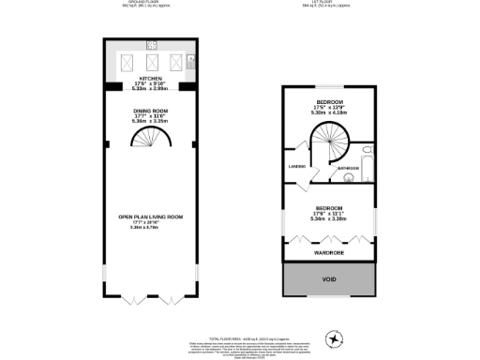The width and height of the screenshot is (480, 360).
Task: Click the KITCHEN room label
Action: point(151,79)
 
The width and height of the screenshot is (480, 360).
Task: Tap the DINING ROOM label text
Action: point(151,111)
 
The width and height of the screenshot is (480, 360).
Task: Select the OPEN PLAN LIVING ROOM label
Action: point(151,217)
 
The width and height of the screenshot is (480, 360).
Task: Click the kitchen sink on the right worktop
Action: point(190,64)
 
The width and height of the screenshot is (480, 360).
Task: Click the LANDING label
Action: point(294,169)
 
